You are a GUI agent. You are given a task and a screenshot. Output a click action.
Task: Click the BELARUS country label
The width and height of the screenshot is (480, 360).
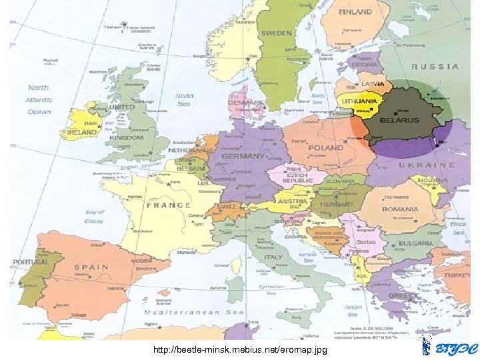[x=400, y=120]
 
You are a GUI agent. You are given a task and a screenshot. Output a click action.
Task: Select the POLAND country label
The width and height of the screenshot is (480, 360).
[x=327, y=147]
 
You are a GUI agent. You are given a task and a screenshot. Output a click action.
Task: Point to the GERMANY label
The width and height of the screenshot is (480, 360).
[x=244, y=155]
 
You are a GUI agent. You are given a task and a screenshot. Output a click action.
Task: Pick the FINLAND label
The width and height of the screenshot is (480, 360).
[x=355, y=12]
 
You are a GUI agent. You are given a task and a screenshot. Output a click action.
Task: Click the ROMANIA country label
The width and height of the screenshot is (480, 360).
[x=401, y=209]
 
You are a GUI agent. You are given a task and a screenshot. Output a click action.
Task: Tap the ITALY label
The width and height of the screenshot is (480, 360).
[x=273, y=257]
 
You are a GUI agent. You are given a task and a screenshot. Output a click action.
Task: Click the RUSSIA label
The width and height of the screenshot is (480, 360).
[x=435, y=67]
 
